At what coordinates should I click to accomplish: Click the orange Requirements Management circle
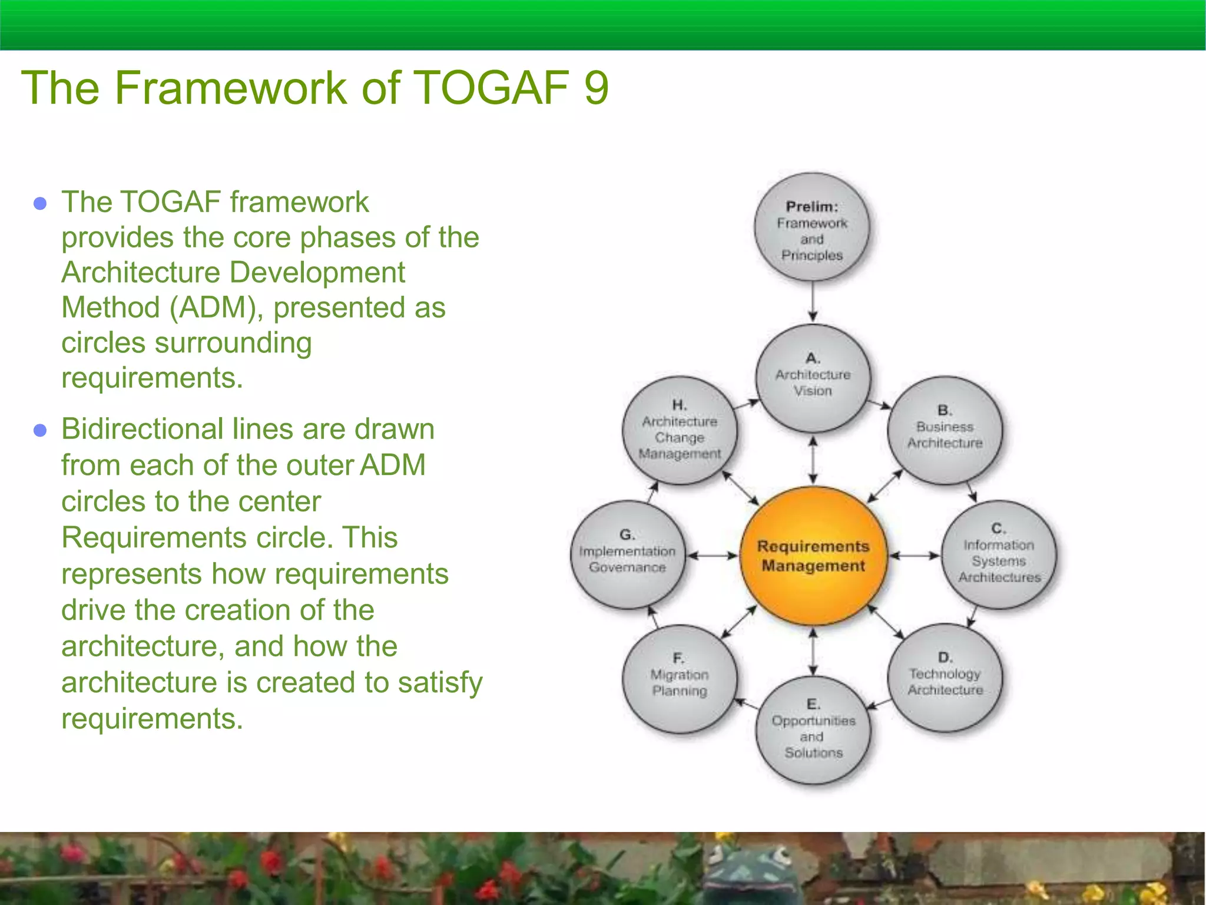coord(813,556)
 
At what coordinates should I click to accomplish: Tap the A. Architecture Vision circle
coord(813,377)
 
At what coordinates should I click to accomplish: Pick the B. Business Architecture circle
coord(945,430)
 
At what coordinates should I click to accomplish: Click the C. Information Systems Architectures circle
coord(999,554)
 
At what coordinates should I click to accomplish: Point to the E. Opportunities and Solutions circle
coord(813,729)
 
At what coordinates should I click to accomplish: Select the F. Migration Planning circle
coord(680,678)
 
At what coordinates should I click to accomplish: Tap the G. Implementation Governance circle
coord(628,554)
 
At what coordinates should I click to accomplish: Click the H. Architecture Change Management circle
coord(680,430)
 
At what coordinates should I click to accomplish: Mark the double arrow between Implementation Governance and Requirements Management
coord(713,555)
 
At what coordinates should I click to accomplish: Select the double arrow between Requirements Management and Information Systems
coord(914,555)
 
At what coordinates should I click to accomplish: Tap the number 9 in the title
coord(596,88)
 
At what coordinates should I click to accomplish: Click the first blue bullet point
coord(40,204)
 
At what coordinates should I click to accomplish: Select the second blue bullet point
coord(40,430)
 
